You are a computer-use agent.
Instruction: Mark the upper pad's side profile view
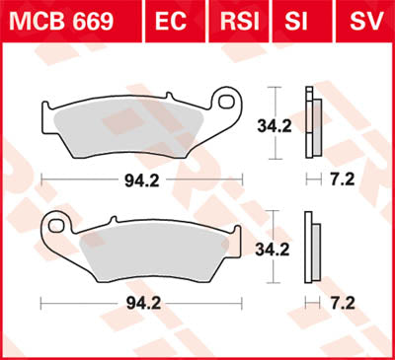312,123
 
